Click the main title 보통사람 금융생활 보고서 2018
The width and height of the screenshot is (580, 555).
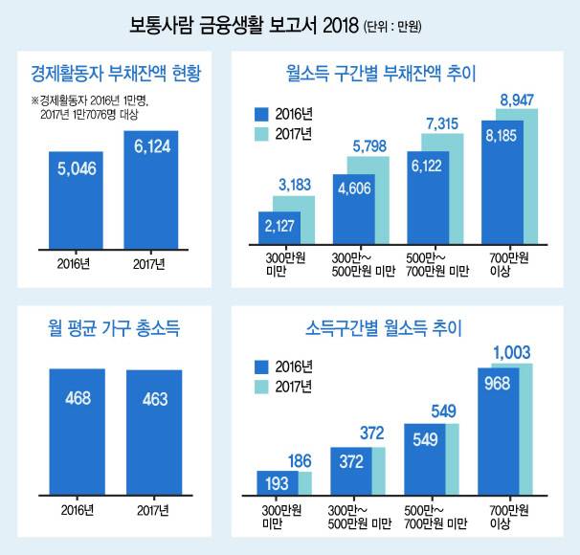coord(244,24)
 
